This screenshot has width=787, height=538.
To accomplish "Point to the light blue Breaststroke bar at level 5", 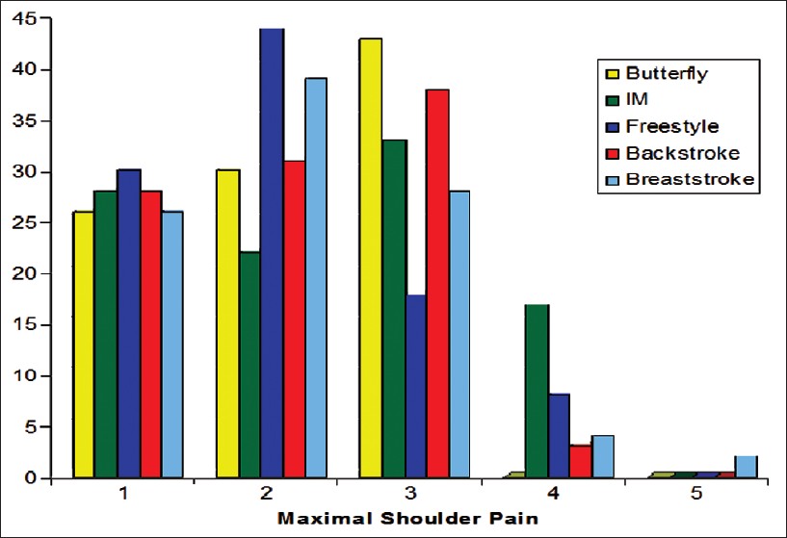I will pyautogui.click(x=746, y=467).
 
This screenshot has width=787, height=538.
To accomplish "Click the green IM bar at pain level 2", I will pyautogui.click(x=250, y=365).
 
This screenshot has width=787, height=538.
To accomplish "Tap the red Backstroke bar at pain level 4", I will pyautogui.click(x=580, y=461).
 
